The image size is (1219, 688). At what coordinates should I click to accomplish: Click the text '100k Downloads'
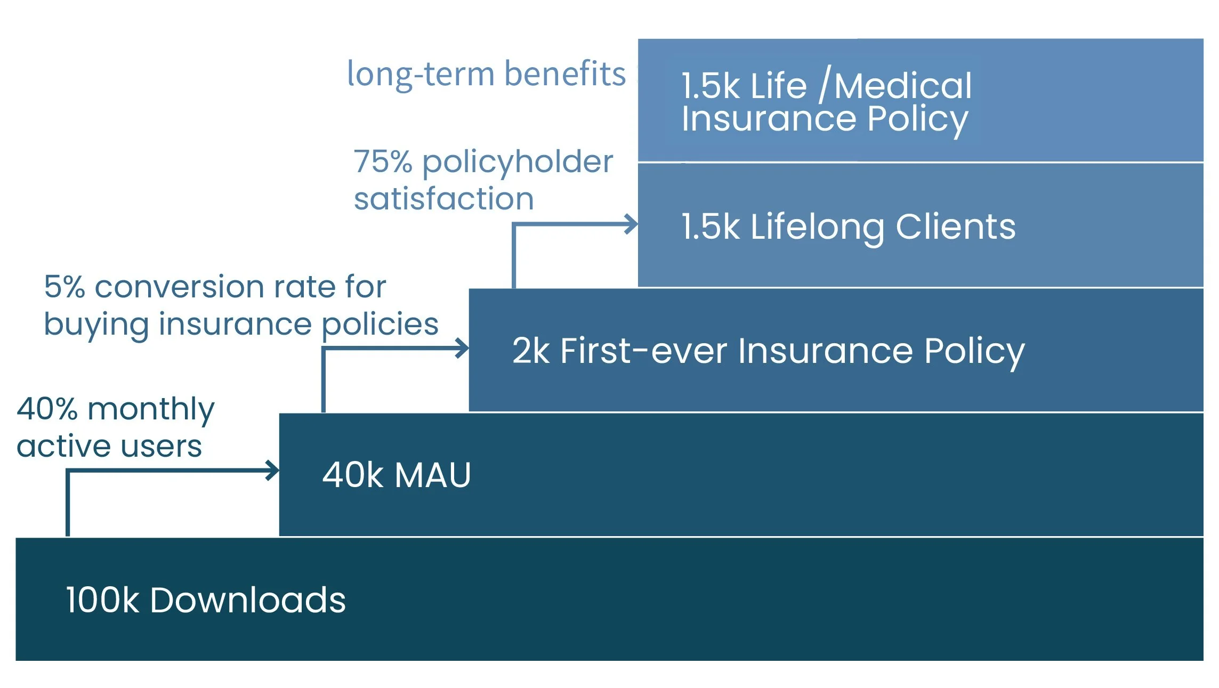[206, 600]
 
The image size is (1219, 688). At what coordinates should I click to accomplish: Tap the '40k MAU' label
[397, 475]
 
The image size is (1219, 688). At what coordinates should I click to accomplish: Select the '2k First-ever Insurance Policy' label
[768, 351]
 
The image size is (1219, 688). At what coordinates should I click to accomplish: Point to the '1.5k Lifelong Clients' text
[848, 226]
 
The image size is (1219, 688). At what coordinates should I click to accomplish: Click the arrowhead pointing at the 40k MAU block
[273, 471]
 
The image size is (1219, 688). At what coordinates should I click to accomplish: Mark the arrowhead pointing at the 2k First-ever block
[463, 349]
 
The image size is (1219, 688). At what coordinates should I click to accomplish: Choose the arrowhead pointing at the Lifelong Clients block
[632, 224]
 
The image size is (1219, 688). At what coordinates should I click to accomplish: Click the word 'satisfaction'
[443, 199]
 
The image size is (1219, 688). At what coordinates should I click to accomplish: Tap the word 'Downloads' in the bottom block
[248, 600]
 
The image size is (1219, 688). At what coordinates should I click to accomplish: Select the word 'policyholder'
[518, 162]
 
